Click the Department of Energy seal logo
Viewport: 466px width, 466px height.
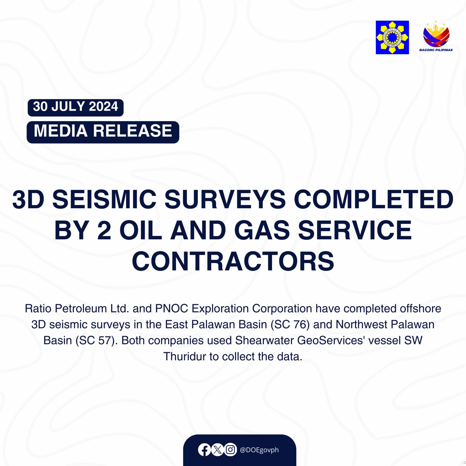coord(392,37)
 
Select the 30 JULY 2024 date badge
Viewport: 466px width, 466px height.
coord(75,107)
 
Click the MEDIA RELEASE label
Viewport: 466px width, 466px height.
coord(103,132)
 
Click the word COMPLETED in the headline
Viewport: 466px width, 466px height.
coord(373,200)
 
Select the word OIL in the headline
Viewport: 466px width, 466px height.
coord(141,230)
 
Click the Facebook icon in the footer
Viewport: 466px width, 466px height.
coord(204,450)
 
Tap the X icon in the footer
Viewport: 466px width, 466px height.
coord(217,450)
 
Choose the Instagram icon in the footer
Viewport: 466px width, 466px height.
coord(230,450)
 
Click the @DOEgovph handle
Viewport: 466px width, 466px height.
coord(259,450)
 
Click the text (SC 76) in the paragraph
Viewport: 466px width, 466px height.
coord(290,324)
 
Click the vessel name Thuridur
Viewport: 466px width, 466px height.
coord(184,356)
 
